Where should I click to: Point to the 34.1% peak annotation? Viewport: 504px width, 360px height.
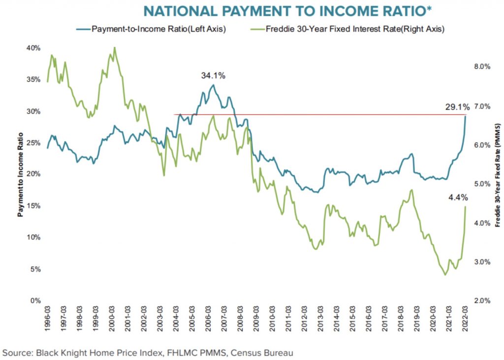(x=213, y=76)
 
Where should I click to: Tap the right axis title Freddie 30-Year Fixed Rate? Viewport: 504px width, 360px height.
(x=498, y=174)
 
